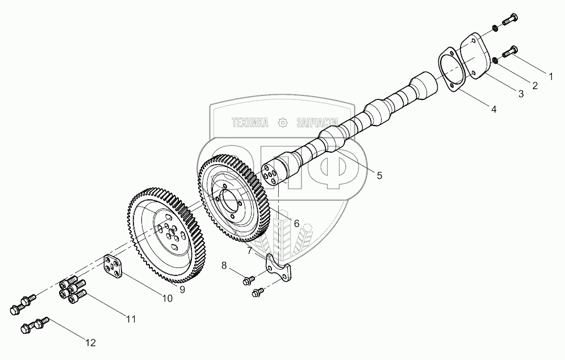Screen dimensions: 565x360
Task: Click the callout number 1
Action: click(x=550, y=75)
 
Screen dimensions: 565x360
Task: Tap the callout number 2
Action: click(x=534, y=86)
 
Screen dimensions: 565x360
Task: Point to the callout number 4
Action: click(x=493, y=109)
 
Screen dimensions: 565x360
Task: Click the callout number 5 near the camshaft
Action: click(x=379, y=175)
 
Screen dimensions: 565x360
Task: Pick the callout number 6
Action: click(x=296, y=223)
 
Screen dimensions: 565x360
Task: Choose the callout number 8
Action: click(x=224, y=265)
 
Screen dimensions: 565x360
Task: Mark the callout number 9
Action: click(x=182, y=290)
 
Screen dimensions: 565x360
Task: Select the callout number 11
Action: click(x=131, y=319)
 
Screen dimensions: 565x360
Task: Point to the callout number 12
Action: click(x=90, y=342)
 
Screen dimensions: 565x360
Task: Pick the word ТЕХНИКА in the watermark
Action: click(x=250, y=123)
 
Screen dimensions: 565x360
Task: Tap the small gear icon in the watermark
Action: click(x=282, y=123)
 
